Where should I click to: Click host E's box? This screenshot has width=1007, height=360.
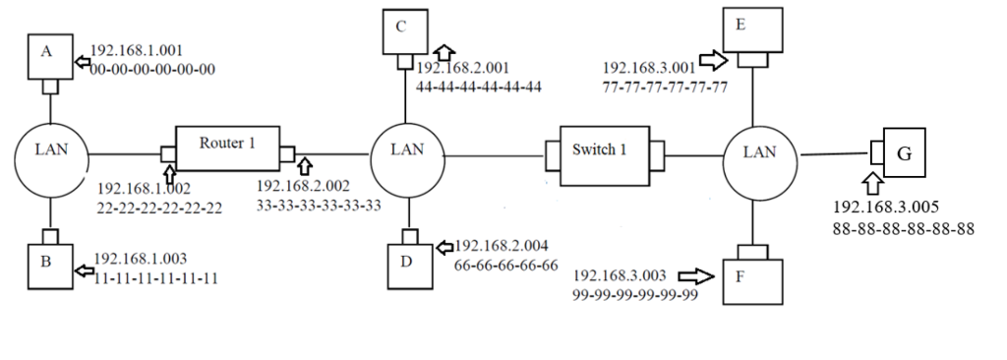click(752, 30)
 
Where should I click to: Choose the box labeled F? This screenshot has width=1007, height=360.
click(752, 279)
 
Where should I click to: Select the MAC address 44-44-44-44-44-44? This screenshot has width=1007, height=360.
click(479, 87)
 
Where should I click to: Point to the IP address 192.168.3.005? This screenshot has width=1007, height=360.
click(887, 209)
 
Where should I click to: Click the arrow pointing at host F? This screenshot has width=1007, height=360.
click(694, 276)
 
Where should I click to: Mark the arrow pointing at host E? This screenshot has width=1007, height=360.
click(711, 59)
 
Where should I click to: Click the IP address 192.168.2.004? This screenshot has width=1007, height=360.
click(505, 246)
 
